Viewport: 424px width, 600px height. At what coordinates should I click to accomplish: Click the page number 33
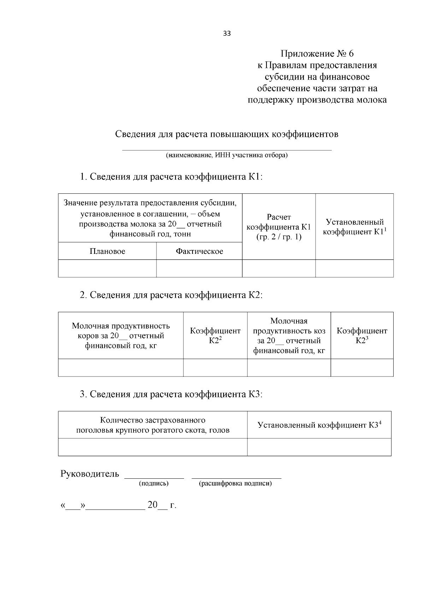227,34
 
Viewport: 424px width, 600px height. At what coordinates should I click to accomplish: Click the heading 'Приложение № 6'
317,54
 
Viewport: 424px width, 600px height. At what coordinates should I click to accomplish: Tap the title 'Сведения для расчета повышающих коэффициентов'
227,134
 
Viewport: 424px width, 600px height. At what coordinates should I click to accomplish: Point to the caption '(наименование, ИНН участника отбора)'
227,155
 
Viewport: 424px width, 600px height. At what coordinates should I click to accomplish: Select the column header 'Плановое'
107,251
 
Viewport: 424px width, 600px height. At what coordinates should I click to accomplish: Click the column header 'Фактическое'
199,251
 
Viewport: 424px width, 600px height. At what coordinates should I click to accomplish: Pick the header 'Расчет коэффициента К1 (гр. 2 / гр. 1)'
278,227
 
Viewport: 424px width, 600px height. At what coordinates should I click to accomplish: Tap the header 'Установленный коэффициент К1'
354,227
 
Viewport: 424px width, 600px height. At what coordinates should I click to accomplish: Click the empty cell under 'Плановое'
107,268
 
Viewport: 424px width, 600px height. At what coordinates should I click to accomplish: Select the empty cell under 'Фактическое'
199,268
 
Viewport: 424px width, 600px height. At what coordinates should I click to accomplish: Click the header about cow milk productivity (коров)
121,336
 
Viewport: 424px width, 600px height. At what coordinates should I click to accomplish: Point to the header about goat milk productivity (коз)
289,336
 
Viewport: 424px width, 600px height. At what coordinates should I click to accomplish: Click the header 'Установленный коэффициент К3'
319,425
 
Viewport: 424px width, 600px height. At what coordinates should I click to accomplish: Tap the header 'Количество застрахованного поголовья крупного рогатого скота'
153,425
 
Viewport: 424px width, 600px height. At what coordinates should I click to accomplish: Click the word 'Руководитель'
90,474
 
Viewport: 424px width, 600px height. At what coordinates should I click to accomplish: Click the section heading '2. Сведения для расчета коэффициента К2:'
171,295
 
